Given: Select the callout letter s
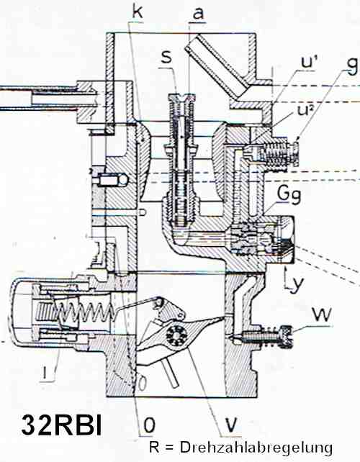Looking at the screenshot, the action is tap(166, 57).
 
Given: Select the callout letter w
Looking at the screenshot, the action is tap(322, 315).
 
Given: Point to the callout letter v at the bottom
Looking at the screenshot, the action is tap(230, 424).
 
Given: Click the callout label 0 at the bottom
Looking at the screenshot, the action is tap(149, 425).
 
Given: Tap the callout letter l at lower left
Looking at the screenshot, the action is tap(45, 373).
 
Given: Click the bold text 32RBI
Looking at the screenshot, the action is tap(62, 425).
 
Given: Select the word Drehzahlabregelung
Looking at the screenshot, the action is tap(256, 448).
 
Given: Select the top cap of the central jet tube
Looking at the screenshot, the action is tap(181, 97).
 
